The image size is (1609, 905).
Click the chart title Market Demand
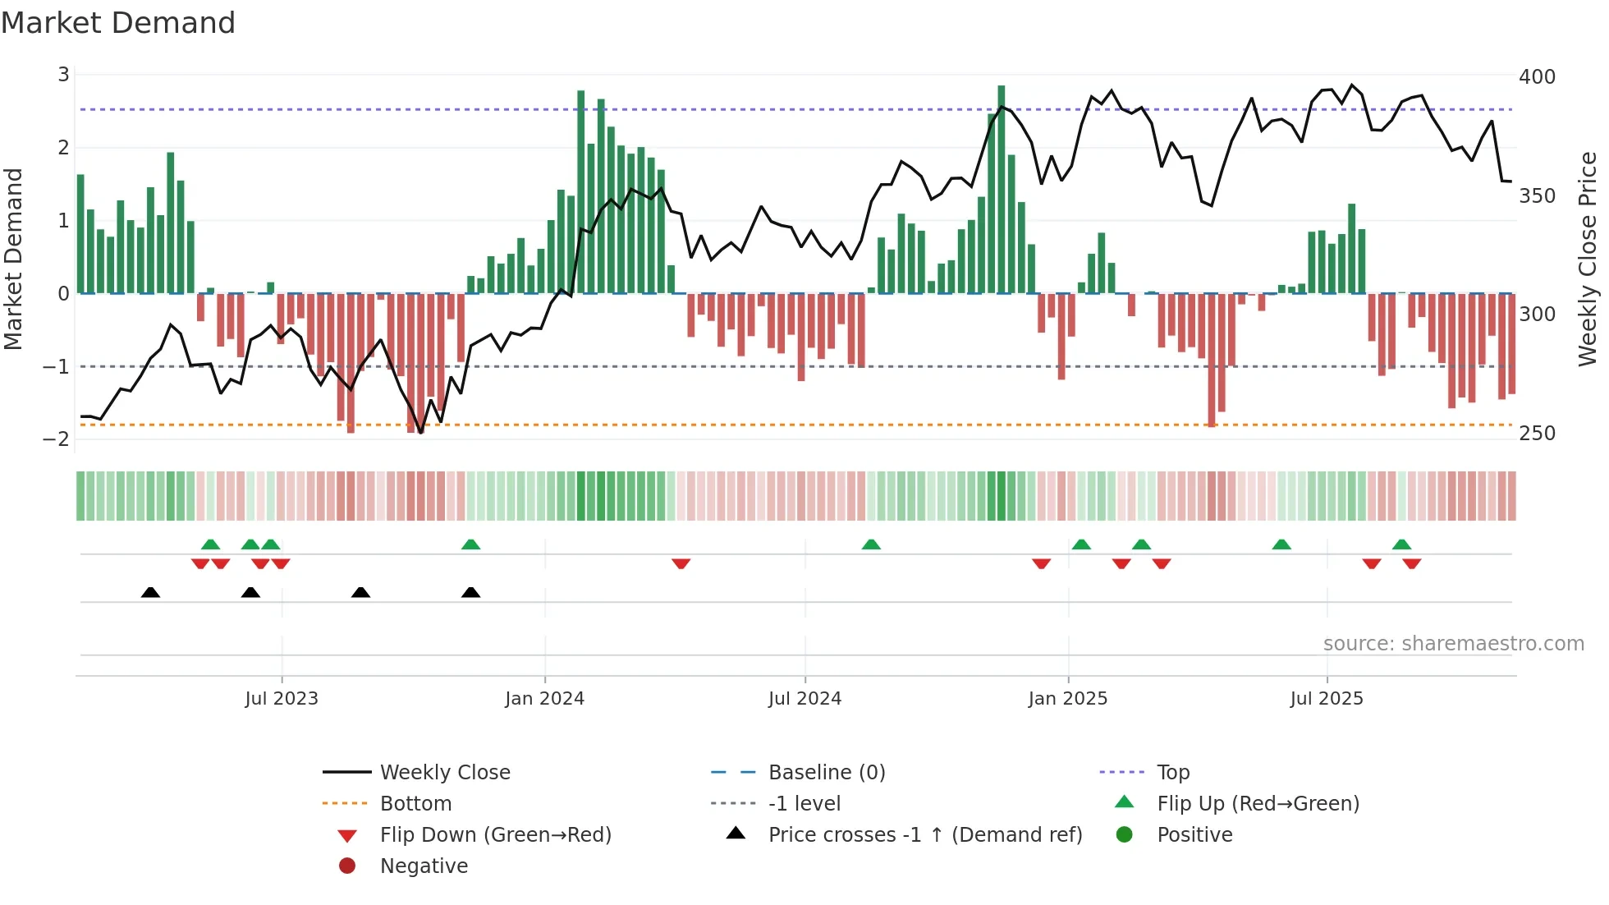click(x=118, y=23)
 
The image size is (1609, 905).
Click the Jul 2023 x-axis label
click(x=282, y=699)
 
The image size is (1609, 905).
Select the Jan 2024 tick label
click(x=544, y=699)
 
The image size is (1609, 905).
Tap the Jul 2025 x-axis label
click(x=1327, y=699)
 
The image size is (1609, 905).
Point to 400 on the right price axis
click(x=1537, y=77)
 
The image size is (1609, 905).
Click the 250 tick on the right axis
click(x=1537, y=434)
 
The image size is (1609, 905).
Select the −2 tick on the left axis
click(x=56, y=439)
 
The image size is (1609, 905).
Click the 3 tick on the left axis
click(x=63, y=76)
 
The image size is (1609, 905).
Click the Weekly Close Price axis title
click(x=1588, y=259)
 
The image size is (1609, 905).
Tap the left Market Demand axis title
click(x=14, y=259)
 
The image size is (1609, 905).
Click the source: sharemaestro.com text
click(x=1453, y=644)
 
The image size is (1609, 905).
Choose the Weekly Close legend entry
click(x=445, y=773)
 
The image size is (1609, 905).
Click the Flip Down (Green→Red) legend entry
click(x=495, y=835)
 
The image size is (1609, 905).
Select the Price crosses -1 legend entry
click(x=924, y=835)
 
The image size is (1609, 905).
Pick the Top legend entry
click(x=1172, y=773)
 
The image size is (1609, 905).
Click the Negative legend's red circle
click(x=347, y=866)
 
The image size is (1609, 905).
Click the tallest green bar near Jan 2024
click(x=581, y=191)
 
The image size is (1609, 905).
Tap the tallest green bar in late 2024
click(x=1002, y=189)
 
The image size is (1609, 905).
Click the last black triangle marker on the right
click(x=470, y=593)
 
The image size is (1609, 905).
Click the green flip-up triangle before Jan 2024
click(x=470, y=544)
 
